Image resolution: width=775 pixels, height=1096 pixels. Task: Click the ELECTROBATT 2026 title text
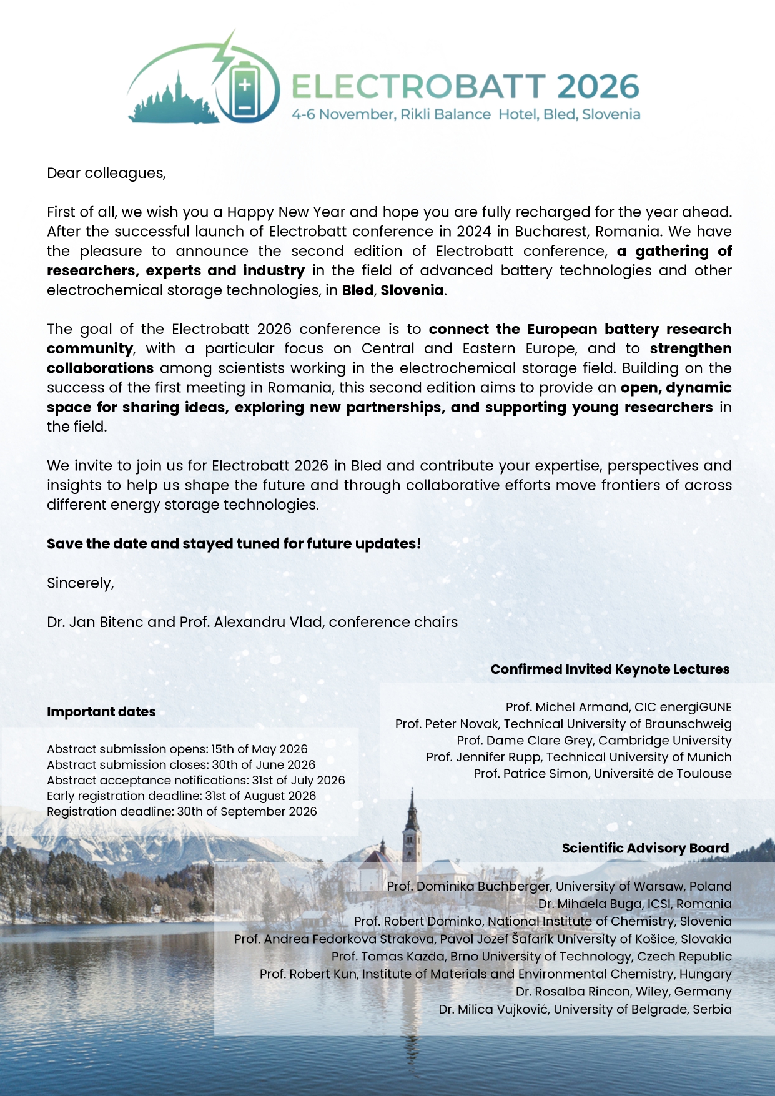(x=465, y=86)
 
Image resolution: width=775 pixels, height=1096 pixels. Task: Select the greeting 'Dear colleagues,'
(x=106, y=173)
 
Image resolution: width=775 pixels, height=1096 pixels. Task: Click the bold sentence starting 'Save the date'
(x=234, y=544)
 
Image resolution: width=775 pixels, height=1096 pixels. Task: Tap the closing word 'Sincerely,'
(x=80, y=583)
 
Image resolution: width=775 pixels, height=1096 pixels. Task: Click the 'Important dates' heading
(x=101, y=712)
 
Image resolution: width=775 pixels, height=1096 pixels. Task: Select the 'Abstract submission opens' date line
(x=177, y=749)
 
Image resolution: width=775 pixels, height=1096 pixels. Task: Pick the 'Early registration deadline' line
(x=181, y=796)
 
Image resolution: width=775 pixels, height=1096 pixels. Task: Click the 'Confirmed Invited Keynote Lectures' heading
(x=610, y=669)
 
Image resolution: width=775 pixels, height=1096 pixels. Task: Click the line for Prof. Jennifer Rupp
(x=578, y=757)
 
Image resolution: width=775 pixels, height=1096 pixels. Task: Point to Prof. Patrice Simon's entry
(x=602, y=774)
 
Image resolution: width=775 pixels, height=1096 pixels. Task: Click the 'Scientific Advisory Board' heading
(x=645, y=848)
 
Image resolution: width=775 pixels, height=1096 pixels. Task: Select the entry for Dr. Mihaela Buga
(x=634, y=904)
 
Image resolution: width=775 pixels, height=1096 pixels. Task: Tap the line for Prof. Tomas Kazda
(x=531, y=957)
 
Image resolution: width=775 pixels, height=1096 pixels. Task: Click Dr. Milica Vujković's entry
(x=585, y=1009)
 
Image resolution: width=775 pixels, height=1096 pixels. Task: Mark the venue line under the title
(x=466, y=114)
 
